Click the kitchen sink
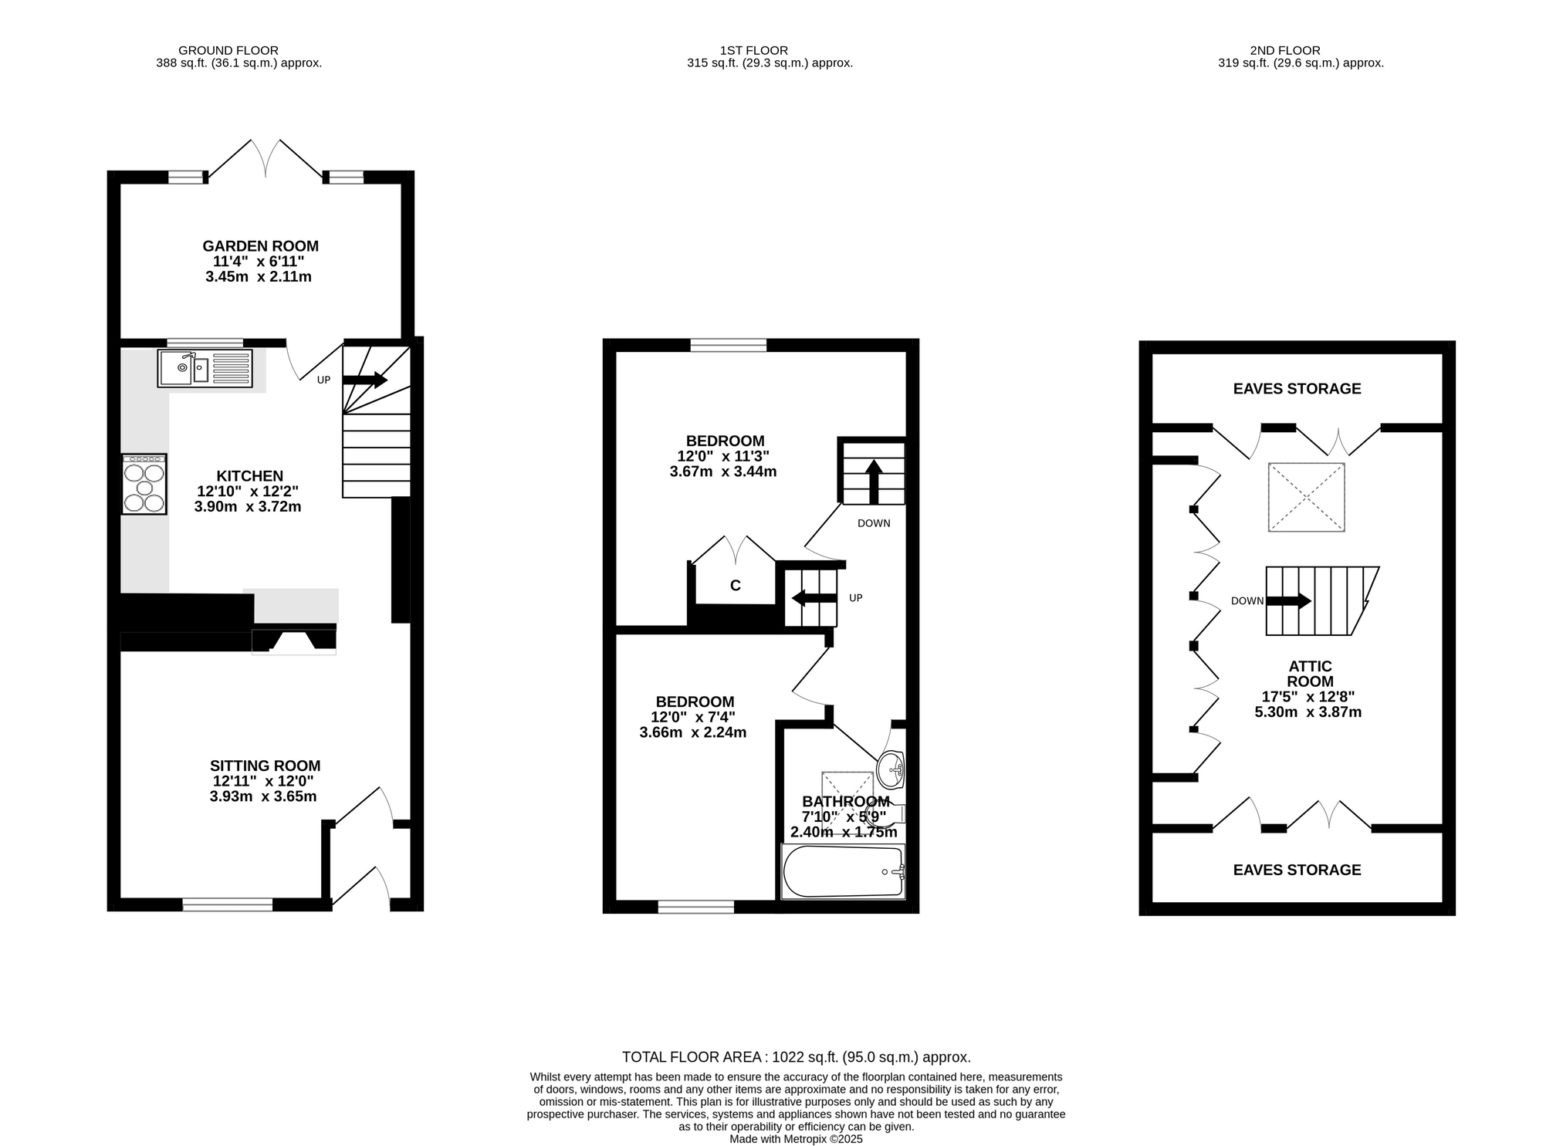(205, 368)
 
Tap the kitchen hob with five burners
(144, 484)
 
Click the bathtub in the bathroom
(843, 871)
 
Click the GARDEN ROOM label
(260, 246)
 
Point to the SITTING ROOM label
(265, 766)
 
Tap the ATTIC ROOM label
(1310, 674)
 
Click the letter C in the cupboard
(736, 586)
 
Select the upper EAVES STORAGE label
(1297, 389)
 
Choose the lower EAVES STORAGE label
(1297, 870)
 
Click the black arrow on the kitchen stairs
(365, 380)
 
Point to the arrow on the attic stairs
(1289, 601)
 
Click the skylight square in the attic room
(1306, 497)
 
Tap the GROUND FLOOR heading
(228, 51)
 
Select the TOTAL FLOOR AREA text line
(797, 1057)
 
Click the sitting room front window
(228, 904)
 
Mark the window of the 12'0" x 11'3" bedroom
(729, 345)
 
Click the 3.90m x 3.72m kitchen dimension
(248, 507)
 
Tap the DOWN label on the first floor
(874, 523)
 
